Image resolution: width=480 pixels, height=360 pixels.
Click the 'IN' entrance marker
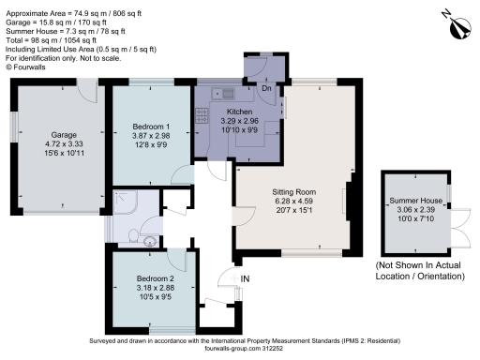click(x=247, y=278)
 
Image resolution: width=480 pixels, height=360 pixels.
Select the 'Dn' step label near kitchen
click(x=267, y=89)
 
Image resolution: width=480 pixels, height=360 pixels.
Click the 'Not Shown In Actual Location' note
click(x=418, y=272)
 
